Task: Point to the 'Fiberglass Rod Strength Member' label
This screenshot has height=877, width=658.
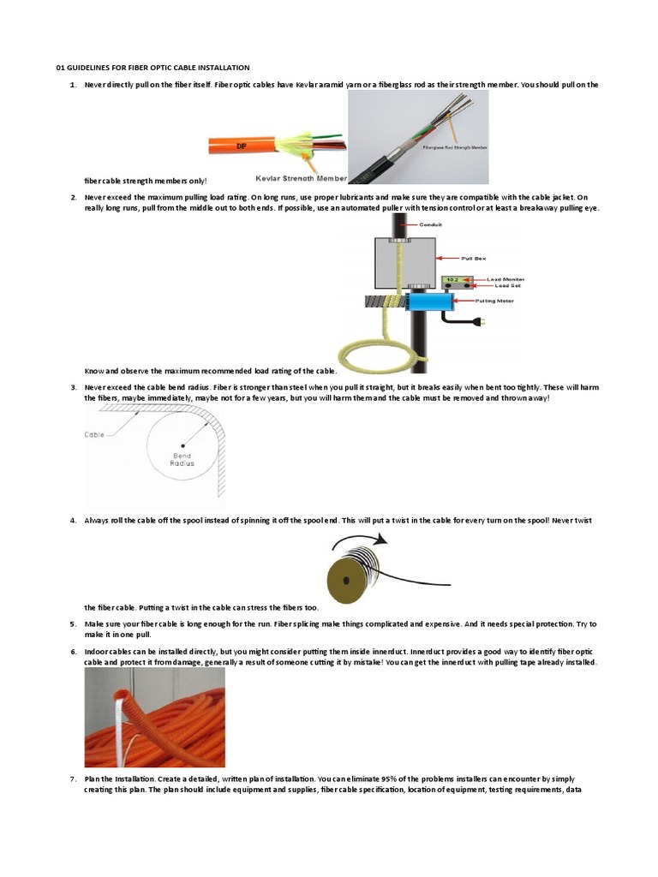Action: click(x=455, y=147)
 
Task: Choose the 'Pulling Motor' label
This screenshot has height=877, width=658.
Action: click(x=480, y=301)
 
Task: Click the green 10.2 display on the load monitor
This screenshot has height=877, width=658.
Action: click(x=452, y=279)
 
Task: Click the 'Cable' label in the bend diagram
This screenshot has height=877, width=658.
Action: click(x=94, y=435)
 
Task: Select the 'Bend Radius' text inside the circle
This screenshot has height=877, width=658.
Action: click(x=182, y=460)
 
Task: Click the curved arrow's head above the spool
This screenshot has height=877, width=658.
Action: click(x=383, y=540)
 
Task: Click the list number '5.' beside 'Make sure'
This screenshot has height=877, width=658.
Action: click(x=73, y=623)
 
